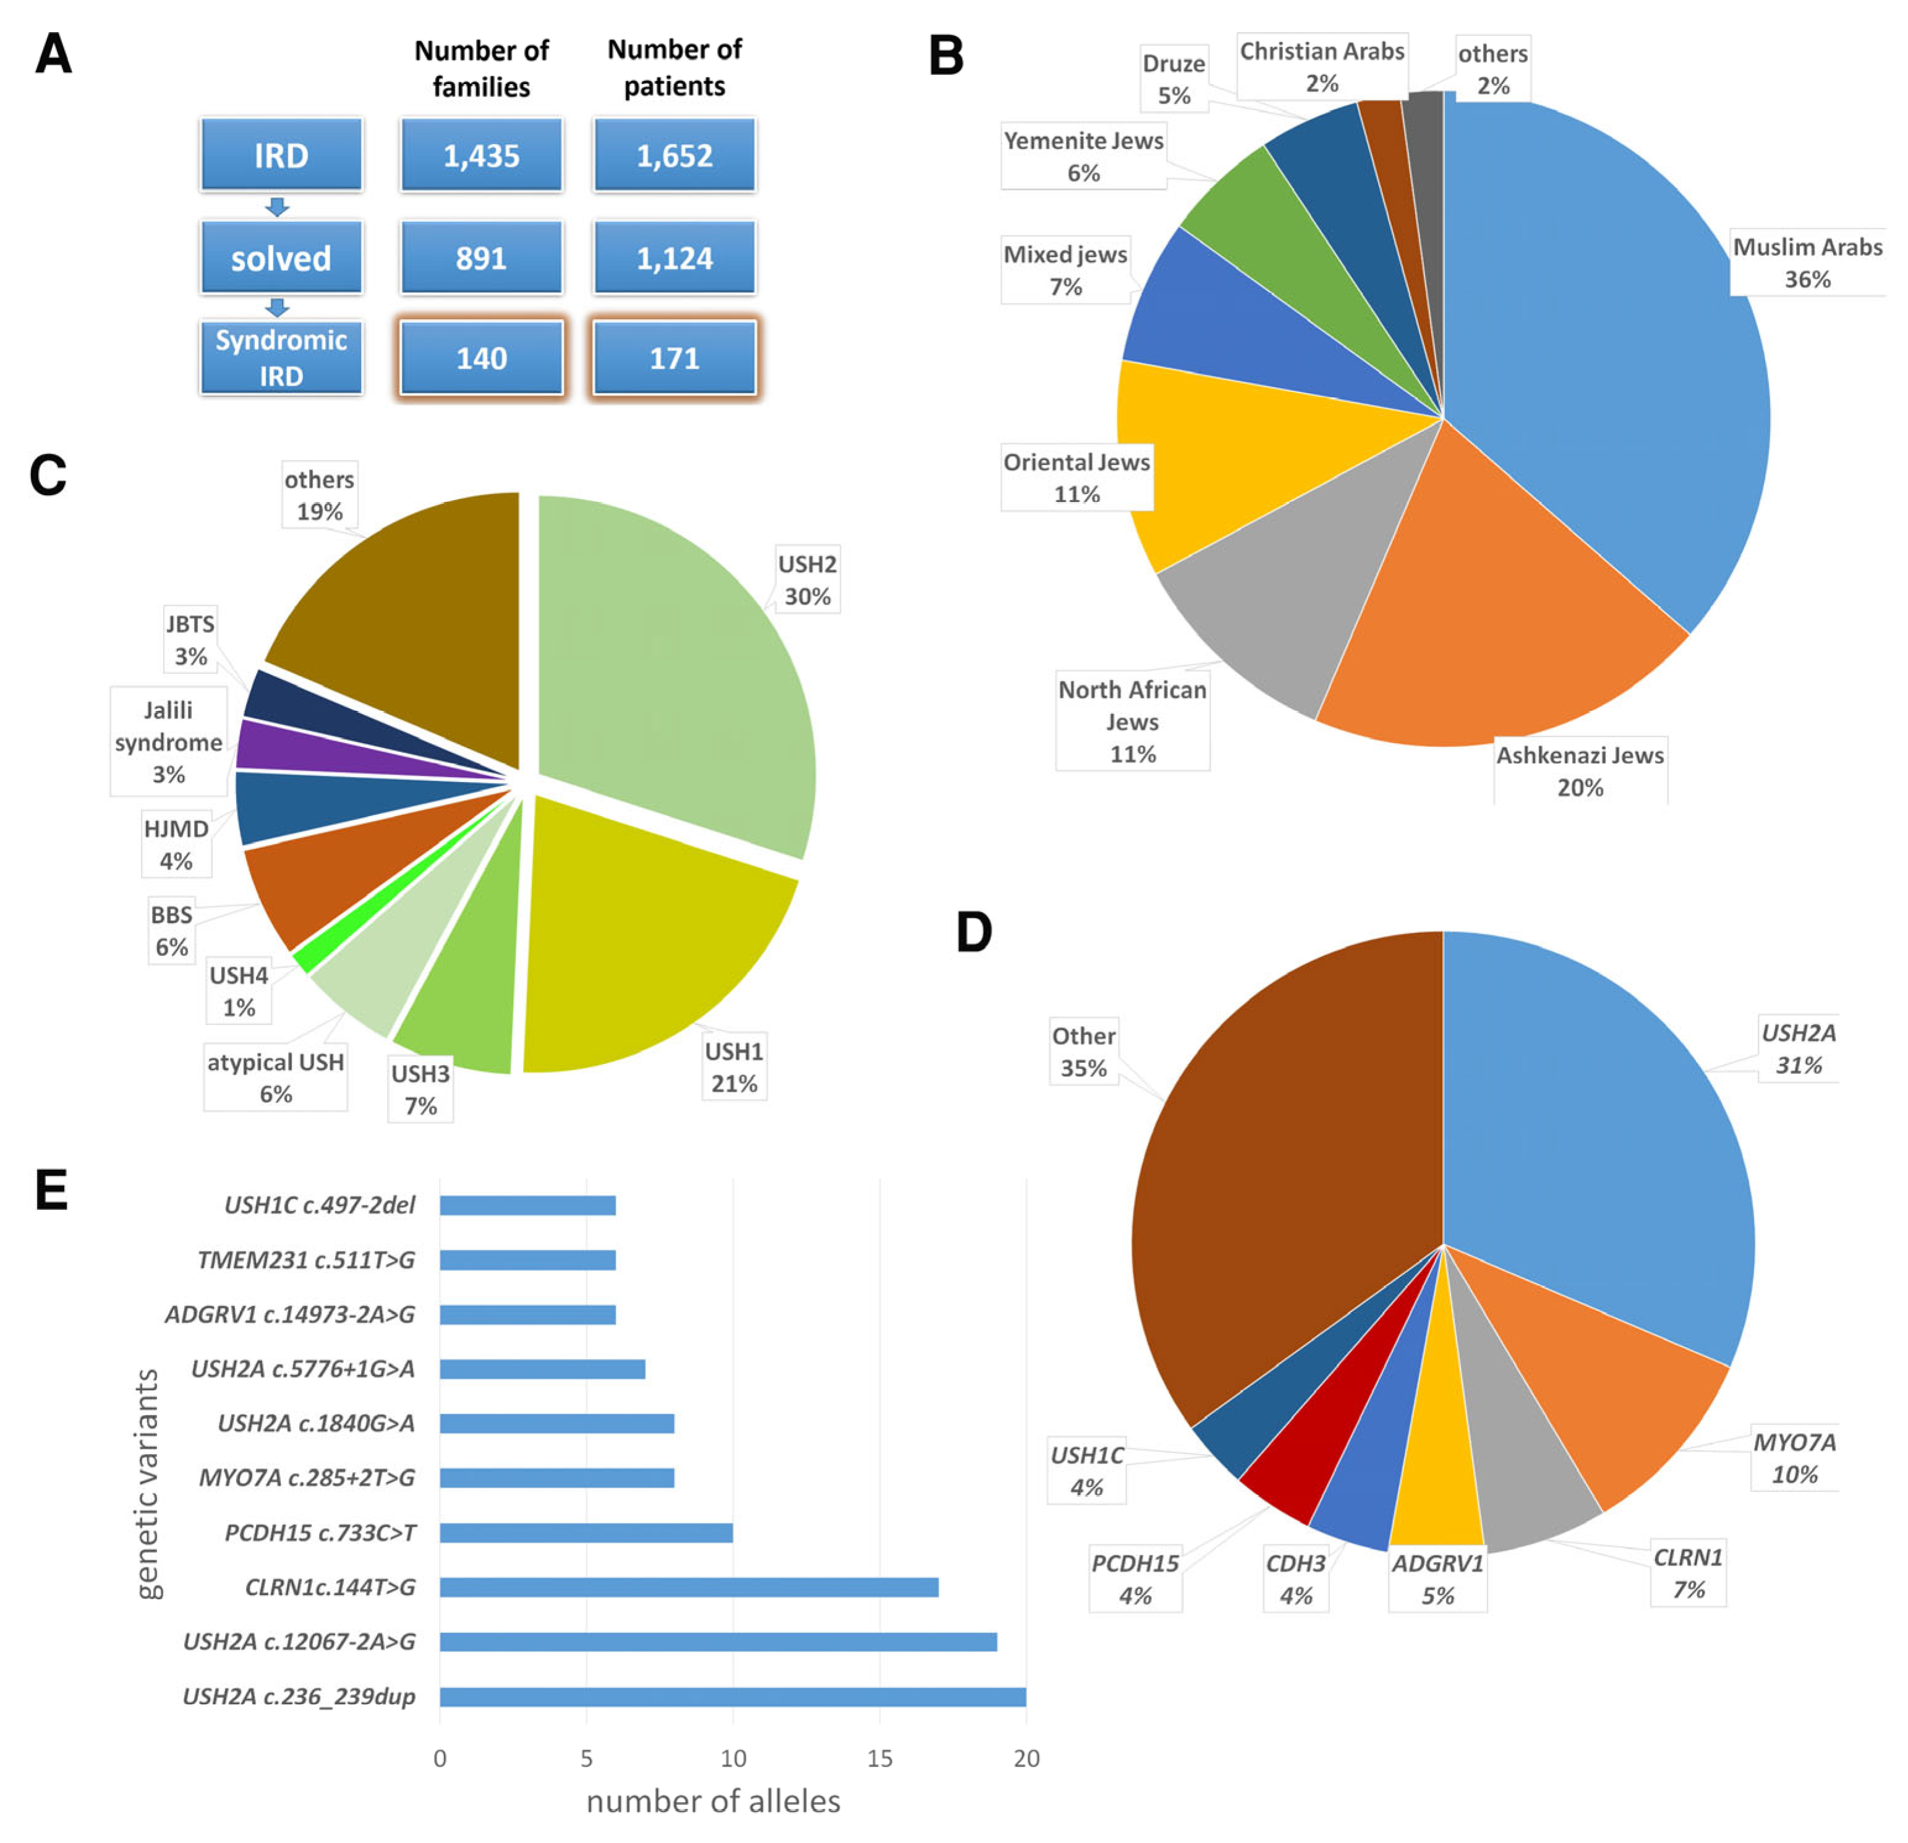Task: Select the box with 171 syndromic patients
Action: point(674,359)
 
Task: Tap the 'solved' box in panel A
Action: point(281,258)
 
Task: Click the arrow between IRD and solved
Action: point(278,206)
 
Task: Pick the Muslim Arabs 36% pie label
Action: point(1807,263)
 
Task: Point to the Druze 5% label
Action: point(1174,79)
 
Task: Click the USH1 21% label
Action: point(734,1067)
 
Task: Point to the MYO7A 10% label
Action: point(1794,1457)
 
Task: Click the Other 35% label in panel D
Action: point(1083,1052)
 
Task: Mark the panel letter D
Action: point(973,933)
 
